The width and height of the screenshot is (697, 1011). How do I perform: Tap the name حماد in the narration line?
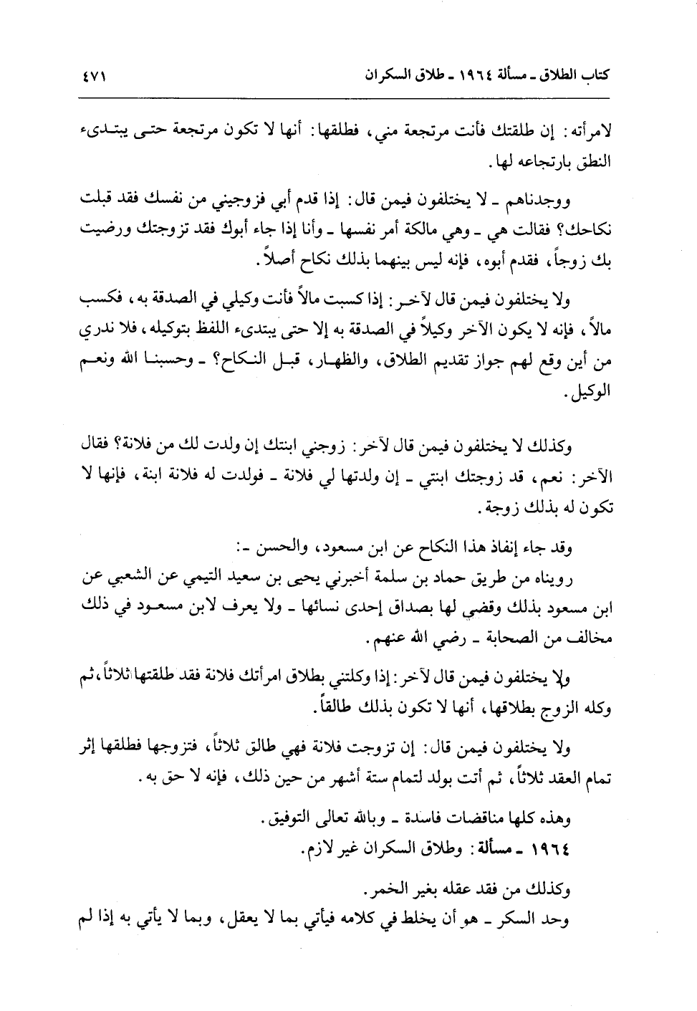471,578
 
